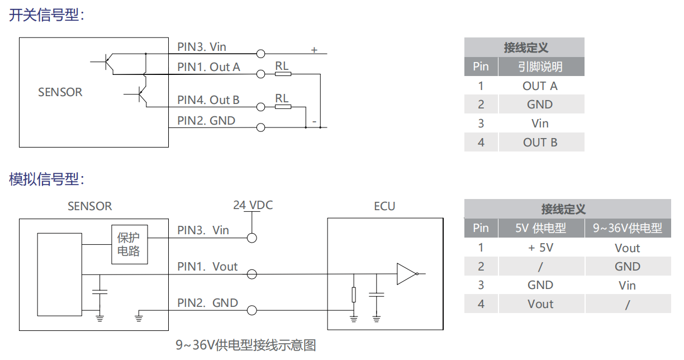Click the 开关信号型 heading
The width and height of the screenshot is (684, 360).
46,15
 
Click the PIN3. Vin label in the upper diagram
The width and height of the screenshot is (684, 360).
202,47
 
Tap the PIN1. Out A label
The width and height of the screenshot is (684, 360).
208,67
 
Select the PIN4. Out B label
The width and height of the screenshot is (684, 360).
208,100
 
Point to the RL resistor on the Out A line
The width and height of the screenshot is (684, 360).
282,73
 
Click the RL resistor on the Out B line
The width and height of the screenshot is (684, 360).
282,106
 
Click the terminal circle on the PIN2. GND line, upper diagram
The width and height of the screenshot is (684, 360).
260,127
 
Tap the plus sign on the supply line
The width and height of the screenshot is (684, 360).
314,50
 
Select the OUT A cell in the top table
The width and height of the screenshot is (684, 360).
540,86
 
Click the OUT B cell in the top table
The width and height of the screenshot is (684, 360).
540,142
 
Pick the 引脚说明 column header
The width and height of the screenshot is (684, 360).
540,67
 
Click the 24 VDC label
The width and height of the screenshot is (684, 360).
253,205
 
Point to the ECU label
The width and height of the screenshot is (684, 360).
384,206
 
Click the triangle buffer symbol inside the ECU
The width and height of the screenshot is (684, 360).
406,273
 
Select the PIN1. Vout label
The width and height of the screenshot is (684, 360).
207,267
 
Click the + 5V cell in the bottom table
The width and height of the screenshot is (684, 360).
540,248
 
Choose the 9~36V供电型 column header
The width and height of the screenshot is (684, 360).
628,228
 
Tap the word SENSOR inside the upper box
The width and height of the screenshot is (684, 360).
60,92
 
